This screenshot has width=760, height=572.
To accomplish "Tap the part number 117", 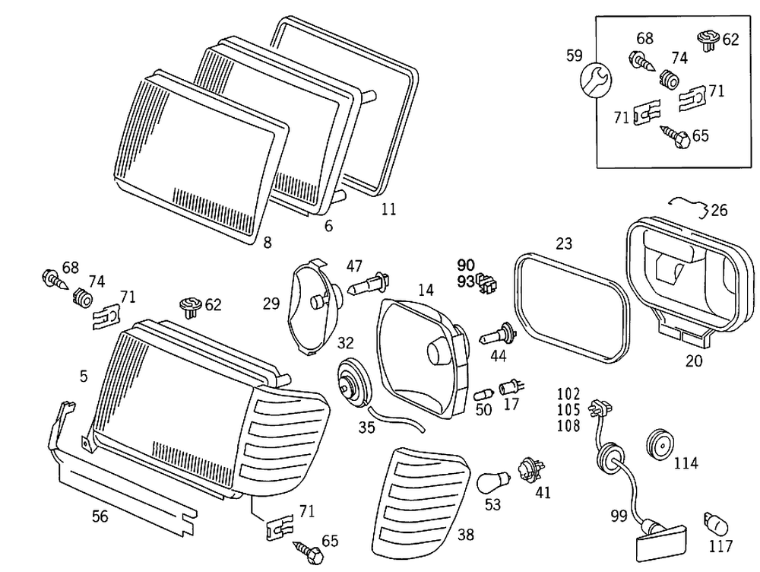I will (720, 546).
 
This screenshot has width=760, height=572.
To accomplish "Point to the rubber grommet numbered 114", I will (659, 443).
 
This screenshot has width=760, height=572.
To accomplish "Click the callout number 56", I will (100, 517).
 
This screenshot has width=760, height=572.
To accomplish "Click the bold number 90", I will (466, 265).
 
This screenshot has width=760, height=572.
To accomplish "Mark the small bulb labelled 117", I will (716, 524).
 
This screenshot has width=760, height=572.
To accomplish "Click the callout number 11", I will (388, 208).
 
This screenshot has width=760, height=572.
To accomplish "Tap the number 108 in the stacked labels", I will (568, 425).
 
